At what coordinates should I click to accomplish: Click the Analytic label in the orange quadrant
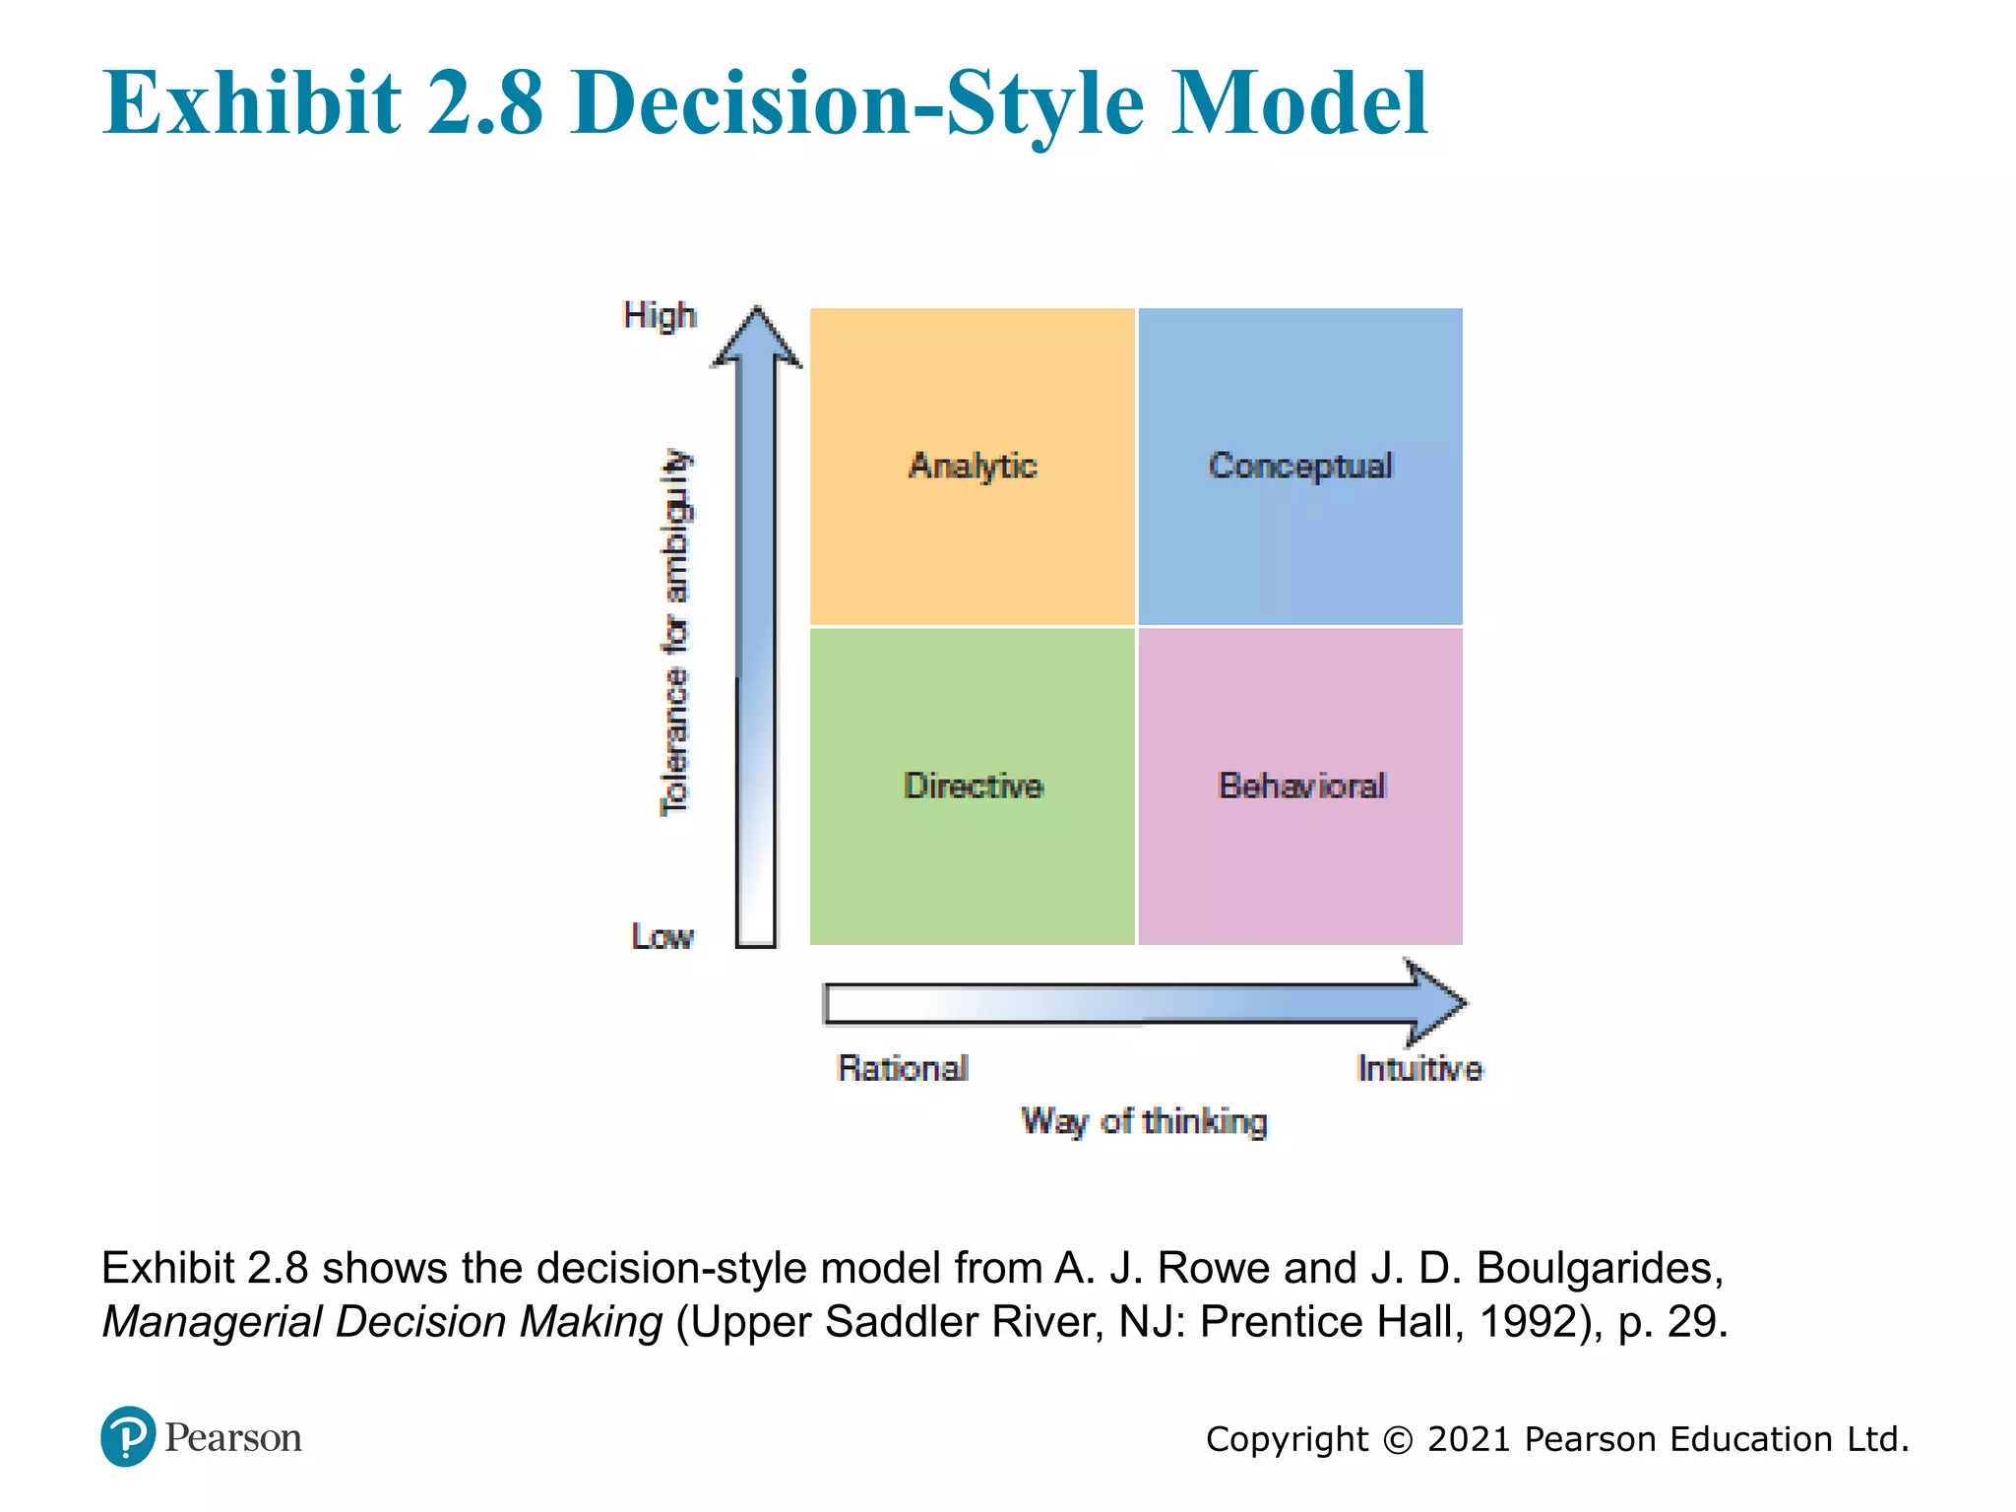point(973,465)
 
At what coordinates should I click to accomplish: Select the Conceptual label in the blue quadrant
point(1300,465)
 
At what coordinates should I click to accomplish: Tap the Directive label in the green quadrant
point(973,786)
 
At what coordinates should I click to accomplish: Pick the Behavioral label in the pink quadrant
point(1301,786)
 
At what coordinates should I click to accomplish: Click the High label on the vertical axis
point(660,316)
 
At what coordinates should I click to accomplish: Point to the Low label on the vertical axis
point(662,936)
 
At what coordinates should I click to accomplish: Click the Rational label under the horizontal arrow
point(903,1068)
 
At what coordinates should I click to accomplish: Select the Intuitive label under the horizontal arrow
point(1418,1068)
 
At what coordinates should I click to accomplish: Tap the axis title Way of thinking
point(1144,1121)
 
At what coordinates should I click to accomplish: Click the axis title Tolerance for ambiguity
point(675,633)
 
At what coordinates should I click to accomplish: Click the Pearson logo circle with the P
point(128,1436)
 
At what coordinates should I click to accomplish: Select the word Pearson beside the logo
point(233,1438)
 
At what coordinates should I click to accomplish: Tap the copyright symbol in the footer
point(1398,1440)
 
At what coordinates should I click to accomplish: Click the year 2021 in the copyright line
point(1469,1439)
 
